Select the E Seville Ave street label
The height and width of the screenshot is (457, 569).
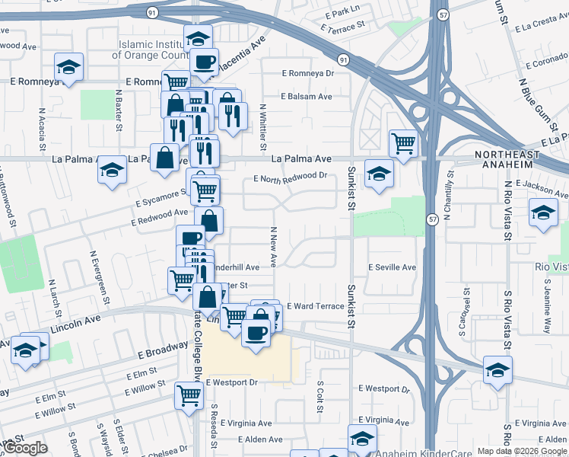click(392, 267)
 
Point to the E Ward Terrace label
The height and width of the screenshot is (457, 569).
click(315, 305)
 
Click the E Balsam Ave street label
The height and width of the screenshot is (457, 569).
click(307, 97)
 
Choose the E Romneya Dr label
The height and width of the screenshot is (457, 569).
click(308, 74)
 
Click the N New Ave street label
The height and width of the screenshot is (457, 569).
click(272, 246)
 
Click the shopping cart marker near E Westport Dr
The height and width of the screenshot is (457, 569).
click(189, 394)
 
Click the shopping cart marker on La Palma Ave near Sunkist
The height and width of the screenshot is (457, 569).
click(403, 142)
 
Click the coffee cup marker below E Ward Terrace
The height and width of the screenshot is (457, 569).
click(256, 331)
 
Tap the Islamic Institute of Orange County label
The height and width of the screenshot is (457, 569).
click(149, 50)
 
